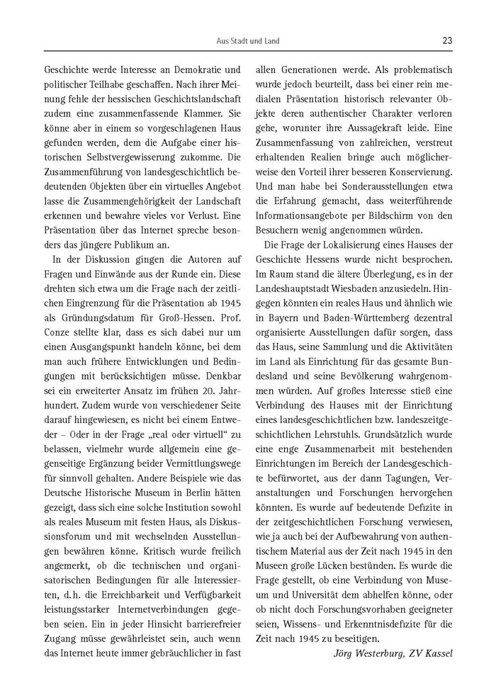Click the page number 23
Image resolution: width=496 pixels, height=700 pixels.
click(x=447, y=40)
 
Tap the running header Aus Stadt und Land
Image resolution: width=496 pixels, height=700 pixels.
click(x=248, y=41)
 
